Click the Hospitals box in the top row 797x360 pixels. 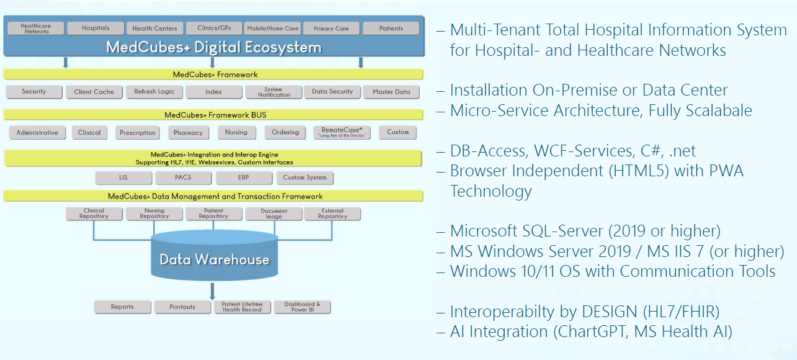96,28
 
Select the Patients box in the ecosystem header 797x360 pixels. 391,28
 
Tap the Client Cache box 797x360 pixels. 94,92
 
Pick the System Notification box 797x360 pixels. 274,92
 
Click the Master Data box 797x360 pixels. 391,92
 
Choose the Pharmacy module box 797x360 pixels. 188,132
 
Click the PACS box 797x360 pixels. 183,178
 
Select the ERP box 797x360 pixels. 243,178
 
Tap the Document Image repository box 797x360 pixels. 274,214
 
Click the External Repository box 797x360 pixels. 332,214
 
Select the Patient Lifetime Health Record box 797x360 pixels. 242,307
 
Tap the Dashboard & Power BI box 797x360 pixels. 302,307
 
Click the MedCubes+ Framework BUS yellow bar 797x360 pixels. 214,115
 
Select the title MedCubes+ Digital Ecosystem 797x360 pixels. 214,47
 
